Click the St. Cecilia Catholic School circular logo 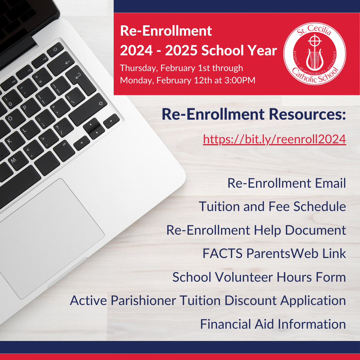314,53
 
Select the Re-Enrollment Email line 286,183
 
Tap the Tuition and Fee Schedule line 272,207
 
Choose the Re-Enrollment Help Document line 256,230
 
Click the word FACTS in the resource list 222,254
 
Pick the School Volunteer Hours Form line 259,277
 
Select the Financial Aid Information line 273,324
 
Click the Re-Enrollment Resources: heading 254,114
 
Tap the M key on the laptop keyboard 14,160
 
